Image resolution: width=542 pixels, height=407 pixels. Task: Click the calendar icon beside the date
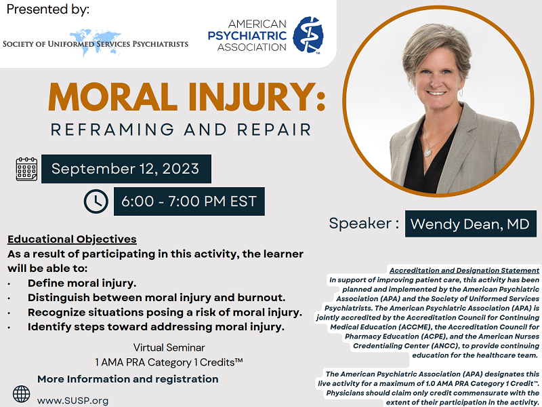coord(26,169)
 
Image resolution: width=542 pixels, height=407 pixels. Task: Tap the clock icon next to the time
coord(96,201)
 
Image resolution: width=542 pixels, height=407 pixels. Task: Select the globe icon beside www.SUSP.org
coord(22,394)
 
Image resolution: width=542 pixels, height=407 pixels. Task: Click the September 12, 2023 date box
coord(126,169)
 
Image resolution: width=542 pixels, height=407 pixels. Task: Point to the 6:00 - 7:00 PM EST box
coord(189,201)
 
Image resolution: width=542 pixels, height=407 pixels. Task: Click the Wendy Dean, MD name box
coord(470,224)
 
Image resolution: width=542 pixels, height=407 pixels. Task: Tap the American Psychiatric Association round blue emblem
coord(308,35)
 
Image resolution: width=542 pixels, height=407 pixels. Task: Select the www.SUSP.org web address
coord(72,400)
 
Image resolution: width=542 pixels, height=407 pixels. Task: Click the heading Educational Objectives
coord(72,239)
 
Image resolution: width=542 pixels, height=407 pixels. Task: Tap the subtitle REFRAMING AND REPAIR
coord(185,129)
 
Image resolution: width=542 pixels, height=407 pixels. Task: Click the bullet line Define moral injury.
coord(82,283)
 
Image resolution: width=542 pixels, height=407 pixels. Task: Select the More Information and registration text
coord(128,379)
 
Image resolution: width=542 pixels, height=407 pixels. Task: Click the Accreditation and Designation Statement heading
coord(464,269)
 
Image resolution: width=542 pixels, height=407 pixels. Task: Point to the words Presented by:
coord(48,10)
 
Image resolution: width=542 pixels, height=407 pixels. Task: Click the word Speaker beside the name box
coord(359,223)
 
